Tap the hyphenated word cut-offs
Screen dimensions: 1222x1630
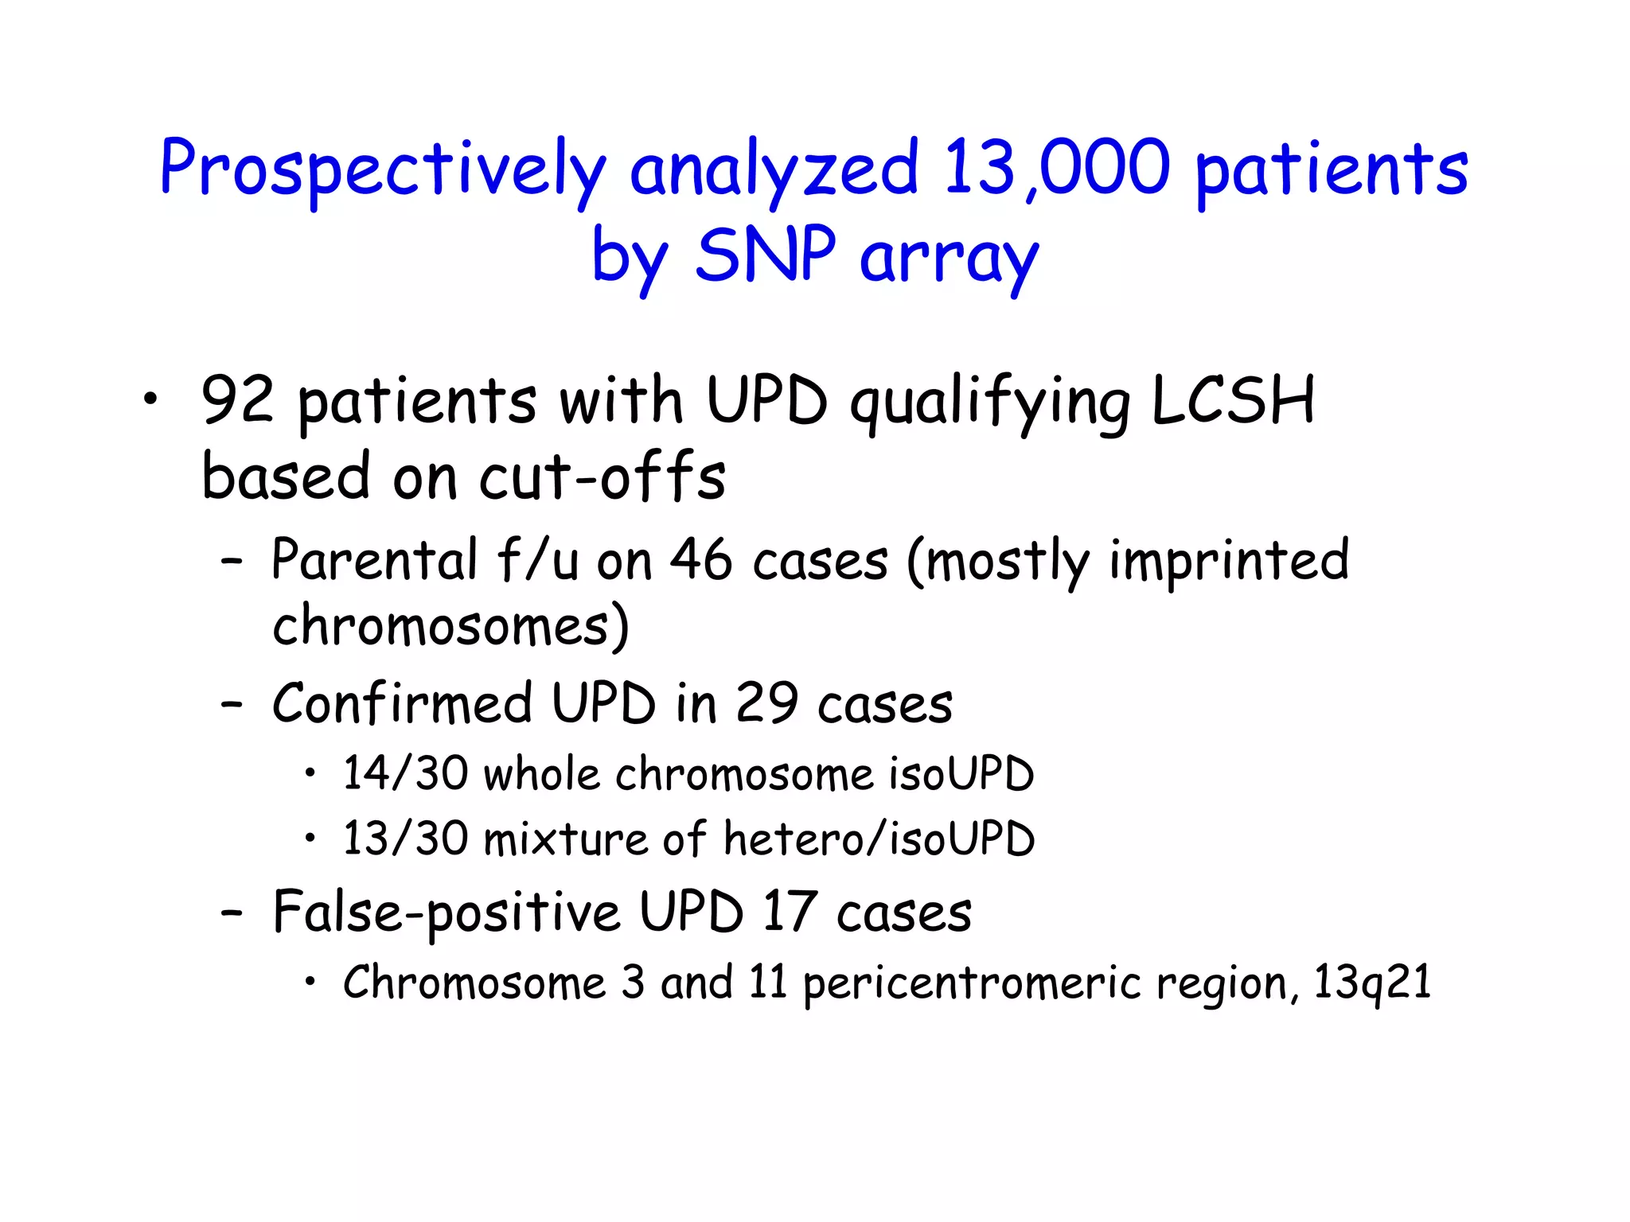tap(602, 477)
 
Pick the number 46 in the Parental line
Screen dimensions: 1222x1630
tap(700, 560)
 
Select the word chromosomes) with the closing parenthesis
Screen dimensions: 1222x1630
tap(450, 626)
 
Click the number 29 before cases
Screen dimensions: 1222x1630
tap(766, 703)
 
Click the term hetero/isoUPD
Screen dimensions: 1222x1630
tap(879, 839)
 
